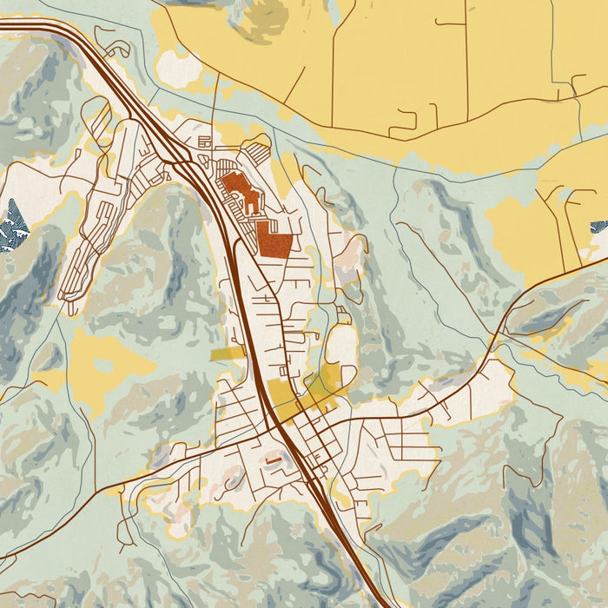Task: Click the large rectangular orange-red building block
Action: (274, 238)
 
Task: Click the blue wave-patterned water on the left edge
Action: (12, 225)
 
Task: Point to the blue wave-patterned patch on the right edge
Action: (599, 227)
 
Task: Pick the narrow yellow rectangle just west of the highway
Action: (228, 354)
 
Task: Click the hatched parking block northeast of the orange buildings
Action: (257, 155)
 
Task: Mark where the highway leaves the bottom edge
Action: (382, 603)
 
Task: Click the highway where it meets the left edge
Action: (3, 26)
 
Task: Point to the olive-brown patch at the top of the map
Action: (261, 17)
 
